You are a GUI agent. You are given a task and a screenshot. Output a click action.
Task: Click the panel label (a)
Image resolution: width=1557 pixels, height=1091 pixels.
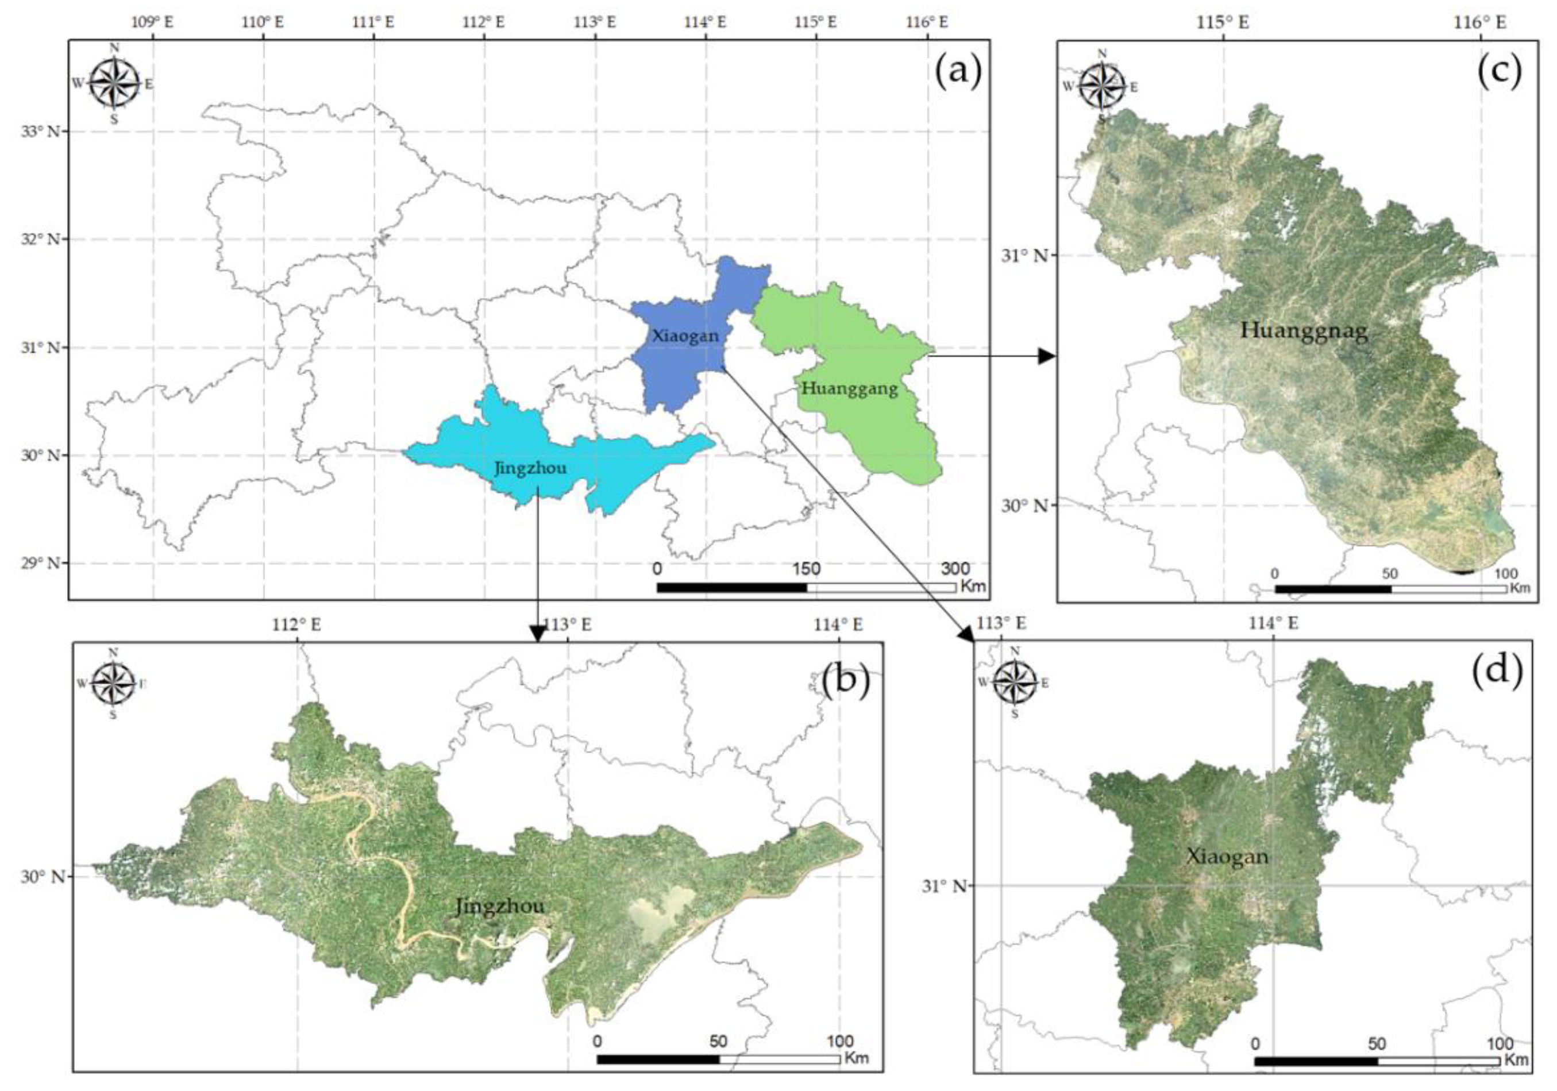(x=958, y=72)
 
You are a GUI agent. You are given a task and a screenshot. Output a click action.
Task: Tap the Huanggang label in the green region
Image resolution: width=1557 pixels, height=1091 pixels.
(x=849, y=388)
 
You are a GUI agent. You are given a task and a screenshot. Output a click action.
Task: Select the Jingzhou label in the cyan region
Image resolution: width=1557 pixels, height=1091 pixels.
(x=530, y=468)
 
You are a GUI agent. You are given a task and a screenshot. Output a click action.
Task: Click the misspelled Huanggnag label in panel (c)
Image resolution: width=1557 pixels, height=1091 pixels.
(x=1304, y=330)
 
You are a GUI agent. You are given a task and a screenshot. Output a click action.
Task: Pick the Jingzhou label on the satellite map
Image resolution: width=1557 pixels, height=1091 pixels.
(x=500, y=906)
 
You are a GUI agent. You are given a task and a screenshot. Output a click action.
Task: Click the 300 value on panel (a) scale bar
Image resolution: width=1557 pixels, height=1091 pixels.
(x=955, y=568)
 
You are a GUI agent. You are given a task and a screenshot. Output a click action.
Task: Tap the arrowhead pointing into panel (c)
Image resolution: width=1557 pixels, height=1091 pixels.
(x=1048, y=355)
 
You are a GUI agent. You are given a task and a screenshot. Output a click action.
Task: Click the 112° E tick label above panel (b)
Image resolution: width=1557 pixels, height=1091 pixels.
(x=297, y=624)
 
